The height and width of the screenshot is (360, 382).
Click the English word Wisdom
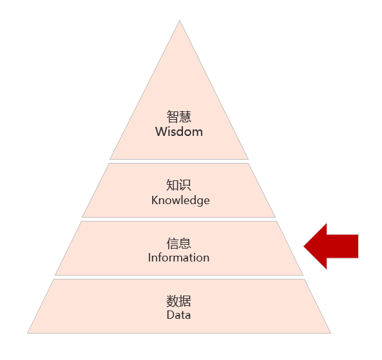[179, 131]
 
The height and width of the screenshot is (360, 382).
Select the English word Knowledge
[180, 200]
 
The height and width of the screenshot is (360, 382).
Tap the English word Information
[179, 258]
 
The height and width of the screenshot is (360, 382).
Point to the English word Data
[178, 315]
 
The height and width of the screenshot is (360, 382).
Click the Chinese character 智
[173, 117]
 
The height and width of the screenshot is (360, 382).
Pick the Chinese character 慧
[185, 117]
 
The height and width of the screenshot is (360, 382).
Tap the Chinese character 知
[172, 185]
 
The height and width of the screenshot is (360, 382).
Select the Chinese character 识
[185, 185]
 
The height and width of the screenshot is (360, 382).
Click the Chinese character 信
[173, 243]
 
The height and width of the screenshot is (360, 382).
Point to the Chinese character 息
[185, 243]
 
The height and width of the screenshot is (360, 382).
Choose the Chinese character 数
[173, 301]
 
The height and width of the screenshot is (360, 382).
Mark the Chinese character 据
[185, 301]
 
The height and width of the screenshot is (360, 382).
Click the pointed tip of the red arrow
[304, 246]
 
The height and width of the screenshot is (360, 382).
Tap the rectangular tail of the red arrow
[343, 246]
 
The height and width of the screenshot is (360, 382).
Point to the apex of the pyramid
[180, 21]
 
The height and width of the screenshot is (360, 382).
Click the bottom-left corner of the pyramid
[27, 333]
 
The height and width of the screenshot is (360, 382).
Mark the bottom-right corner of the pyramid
[331, 333]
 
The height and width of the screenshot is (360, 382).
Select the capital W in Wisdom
[162, 131]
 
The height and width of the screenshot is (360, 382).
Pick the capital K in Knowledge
[155, 200]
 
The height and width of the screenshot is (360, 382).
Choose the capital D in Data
[171, 315]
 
